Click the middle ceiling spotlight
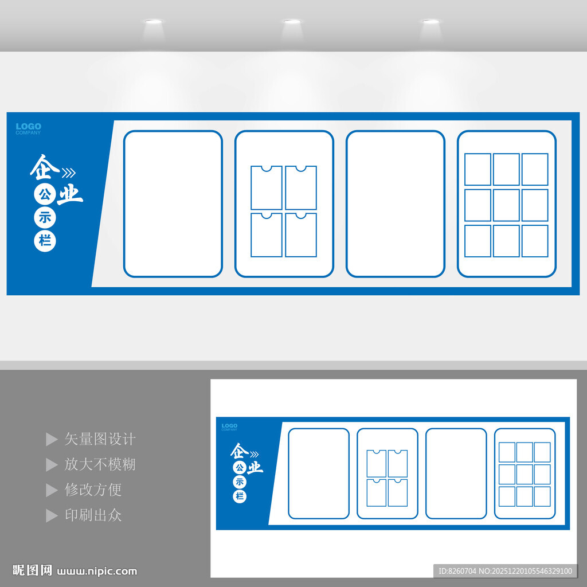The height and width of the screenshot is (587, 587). coord(292,22)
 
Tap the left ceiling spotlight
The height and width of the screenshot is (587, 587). coord(153,22)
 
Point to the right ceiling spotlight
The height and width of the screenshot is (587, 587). coord(431,22)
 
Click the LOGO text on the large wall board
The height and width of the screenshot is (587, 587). coord(28,127)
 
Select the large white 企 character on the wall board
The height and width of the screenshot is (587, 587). coord(45,166)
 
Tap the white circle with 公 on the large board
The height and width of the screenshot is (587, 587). coord(44,195)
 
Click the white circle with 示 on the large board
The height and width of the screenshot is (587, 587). coord(45,218)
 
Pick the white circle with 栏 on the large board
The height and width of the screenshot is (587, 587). coord(45,241)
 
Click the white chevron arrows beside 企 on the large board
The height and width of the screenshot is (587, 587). coord(68,173)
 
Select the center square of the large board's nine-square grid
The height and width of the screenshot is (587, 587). coord(506,205)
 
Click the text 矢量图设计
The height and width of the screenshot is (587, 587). coord(100,439)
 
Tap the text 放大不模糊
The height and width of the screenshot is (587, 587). coord(100,464)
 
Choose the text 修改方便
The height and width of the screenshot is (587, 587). coord(93,490)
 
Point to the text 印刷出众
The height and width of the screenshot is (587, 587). coord(93,515)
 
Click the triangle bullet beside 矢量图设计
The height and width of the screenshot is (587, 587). coord(52,440)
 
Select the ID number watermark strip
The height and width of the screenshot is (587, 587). coord(504,570)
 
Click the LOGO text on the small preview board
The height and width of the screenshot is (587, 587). coord(229,426)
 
